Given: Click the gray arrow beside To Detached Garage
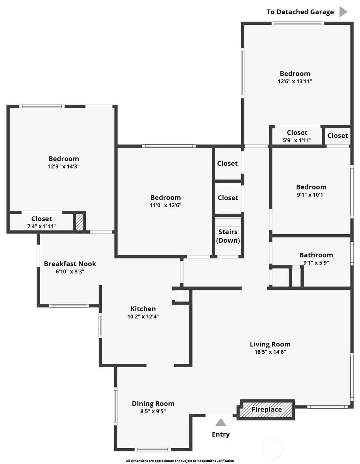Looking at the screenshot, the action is (343, 12).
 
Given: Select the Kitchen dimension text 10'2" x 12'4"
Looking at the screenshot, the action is (143, 316).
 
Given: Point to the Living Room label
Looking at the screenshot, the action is (270, 344).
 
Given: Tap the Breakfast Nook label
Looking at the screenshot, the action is (70, 264).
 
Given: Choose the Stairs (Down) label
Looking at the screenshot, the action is (228, 236).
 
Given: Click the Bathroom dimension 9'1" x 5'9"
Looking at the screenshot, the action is (316, 262).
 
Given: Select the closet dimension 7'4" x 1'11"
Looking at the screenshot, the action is (42, 226).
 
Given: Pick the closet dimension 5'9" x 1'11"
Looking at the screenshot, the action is (297, 140).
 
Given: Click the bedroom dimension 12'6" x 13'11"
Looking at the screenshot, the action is (295, 81).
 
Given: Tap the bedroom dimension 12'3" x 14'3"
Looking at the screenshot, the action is (64, 166).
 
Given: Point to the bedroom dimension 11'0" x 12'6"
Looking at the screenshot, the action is (166, 205).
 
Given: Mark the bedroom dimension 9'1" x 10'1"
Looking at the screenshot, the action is (311, 195).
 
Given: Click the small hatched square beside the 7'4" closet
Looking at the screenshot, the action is (79, 222).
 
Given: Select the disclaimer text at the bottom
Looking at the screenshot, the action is (180, 461).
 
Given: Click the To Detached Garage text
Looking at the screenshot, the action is (300, 12).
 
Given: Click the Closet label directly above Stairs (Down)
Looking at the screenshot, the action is (228, 198).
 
